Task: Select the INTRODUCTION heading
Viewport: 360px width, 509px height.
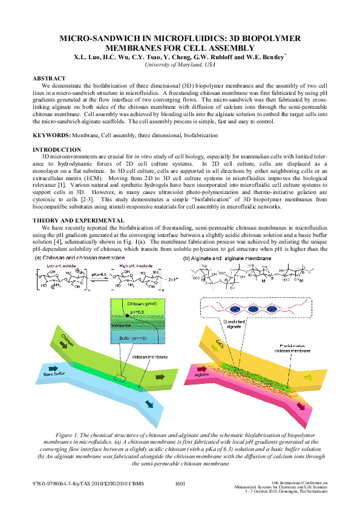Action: point(56,149)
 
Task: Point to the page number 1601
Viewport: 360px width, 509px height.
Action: point(180,484)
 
